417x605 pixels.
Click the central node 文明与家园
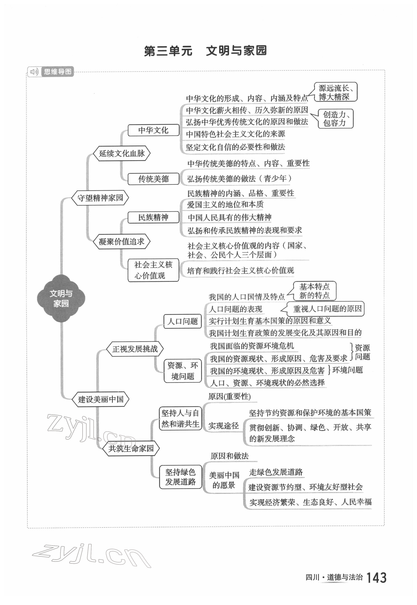coord(61,298)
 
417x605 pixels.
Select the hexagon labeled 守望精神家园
coord(100,198)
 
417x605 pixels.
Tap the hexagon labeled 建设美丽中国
coord(101,399)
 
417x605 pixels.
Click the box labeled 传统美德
coord(153,179)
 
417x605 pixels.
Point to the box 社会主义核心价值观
coord(153,270)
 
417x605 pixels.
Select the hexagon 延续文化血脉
coord(122,154)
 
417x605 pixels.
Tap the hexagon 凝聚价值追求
coord(122,242)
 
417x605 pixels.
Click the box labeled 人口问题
coord(183,321)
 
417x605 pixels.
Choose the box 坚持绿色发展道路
coord(180,477)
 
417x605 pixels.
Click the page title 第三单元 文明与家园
coord(205,51)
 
